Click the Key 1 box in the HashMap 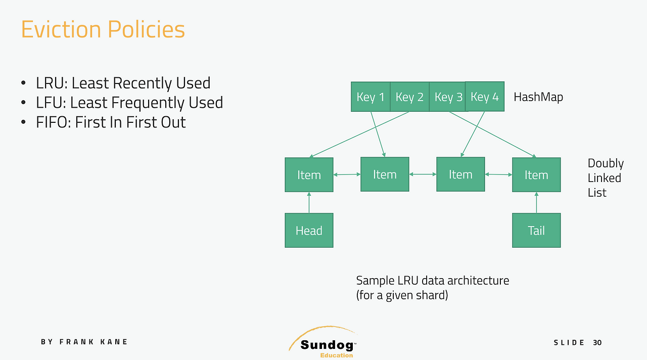(371, 97)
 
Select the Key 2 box (409, 97)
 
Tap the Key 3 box (447, 97)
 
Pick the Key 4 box (485, 97)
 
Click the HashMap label (538, 98)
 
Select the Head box (309, 230)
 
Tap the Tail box (536, 230)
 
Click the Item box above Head (309, 175)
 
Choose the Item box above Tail (536, 175)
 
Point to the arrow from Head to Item (309, 203)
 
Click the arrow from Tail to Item (536, 203)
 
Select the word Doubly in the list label (606, 164)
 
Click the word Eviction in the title (61, 29)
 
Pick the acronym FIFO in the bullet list (52, 122)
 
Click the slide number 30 (597, 343)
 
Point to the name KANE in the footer (114, 342)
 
